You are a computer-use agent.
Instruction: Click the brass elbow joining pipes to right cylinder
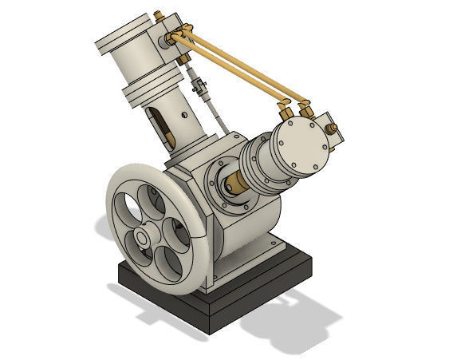point(288,104)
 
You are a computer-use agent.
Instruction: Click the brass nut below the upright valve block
point(185,57)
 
